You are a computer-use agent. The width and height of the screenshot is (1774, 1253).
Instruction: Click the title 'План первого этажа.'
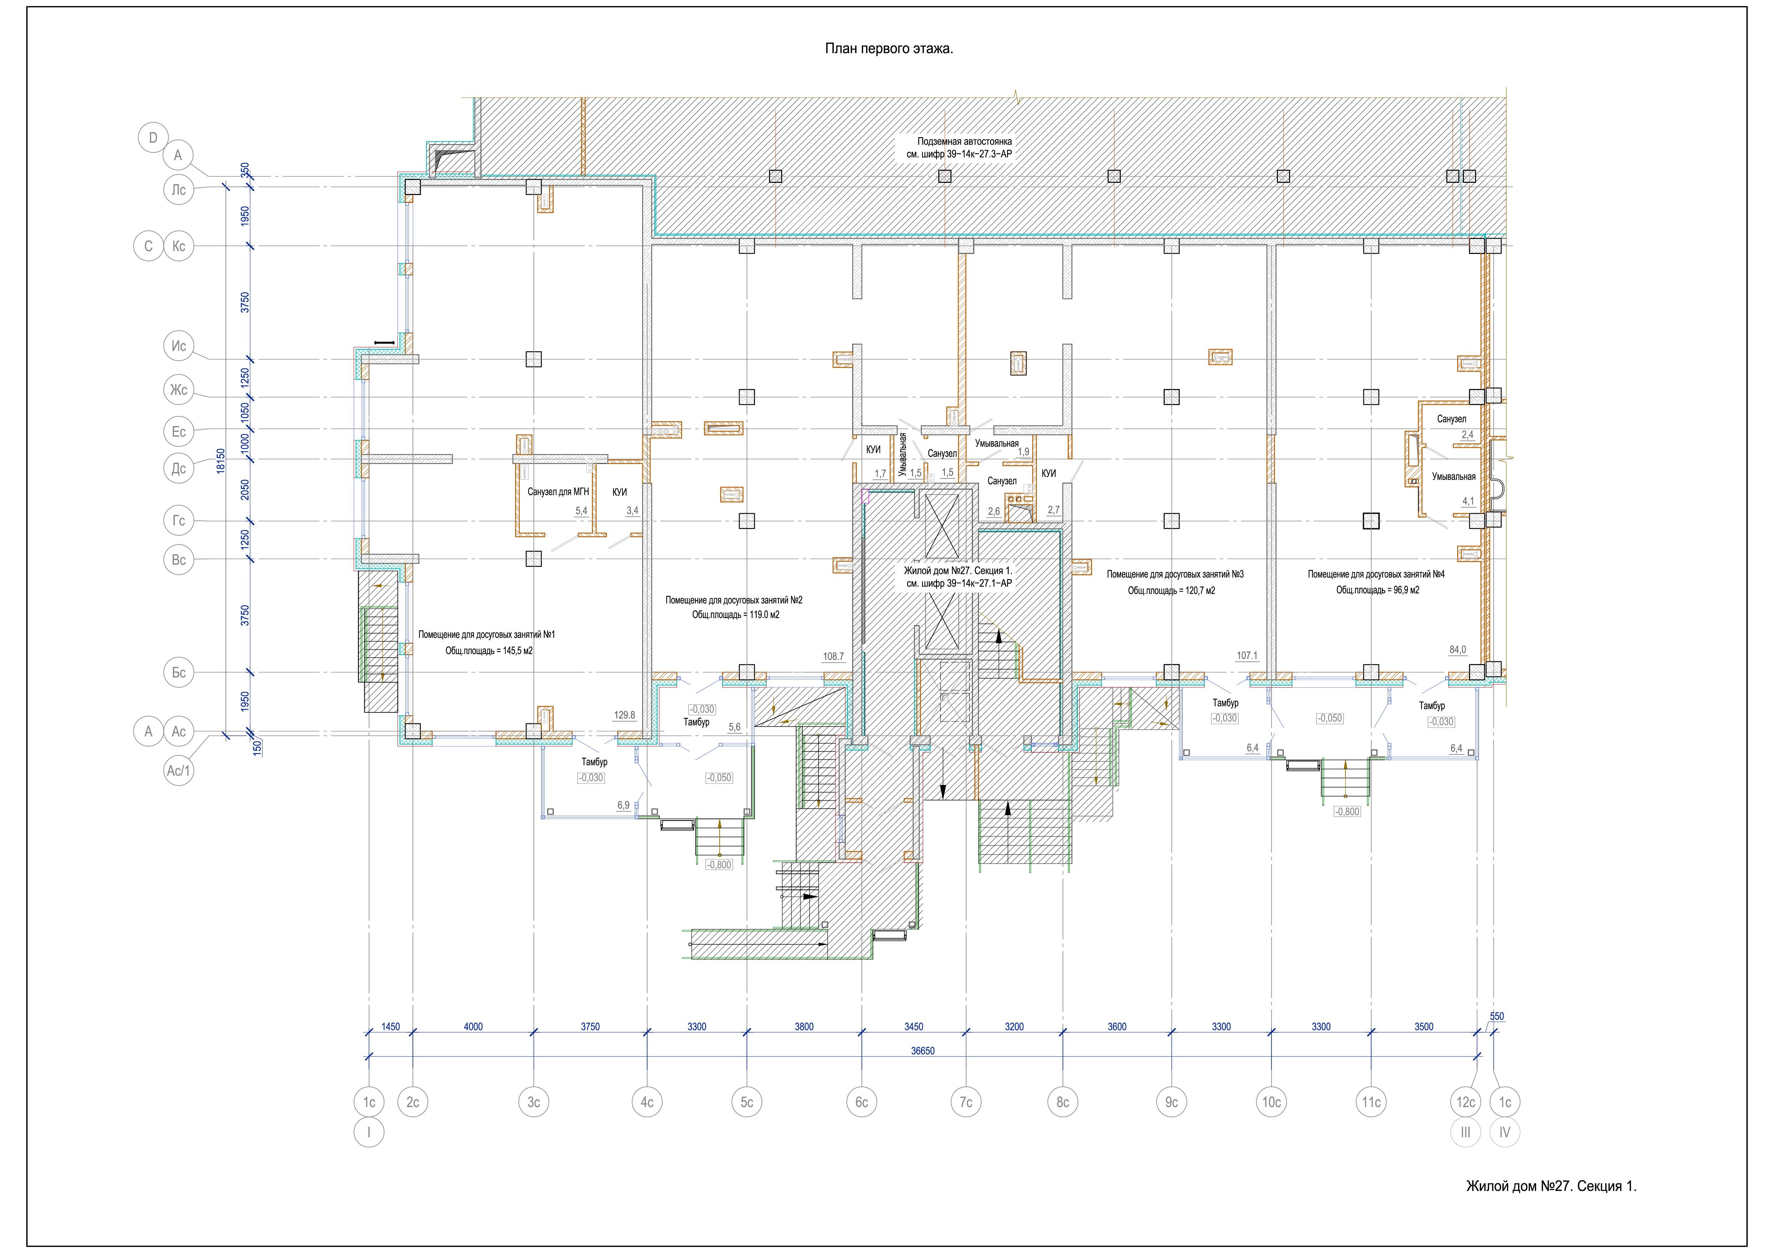click(889, 49)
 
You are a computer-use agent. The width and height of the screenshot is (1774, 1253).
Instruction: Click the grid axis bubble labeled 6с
click(861, 1102)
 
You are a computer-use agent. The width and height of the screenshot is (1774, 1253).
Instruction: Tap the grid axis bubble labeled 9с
click(1171, 1102)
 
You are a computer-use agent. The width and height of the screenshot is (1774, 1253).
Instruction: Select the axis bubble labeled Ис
click(179, 346)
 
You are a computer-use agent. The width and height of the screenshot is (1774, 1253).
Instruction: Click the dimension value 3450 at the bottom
click(913, 1027)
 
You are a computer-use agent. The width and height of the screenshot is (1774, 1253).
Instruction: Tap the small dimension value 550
click(1496, 1017)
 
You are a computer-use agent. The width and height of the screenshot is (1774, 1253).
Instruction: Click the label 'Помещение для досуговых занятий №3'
click(1175, 575)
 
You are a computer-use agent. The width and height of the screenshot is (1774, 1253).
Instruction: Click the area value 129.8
click(624, 715)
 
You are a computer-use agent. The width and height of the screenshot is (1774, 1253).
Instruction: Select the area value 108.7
click(834, 657)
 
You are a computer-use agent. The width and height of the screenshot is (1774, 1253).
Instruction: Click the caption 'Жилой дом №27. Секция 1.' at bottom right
click(1551, 1186)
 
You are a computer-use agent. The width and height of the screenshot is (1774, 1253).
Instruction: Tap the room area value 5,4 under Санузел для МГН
click(581, 511)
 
